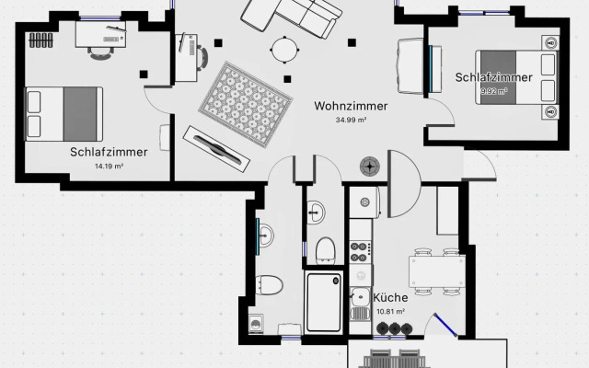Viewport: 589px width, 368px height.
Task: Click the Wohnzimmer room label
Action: pos(351,106)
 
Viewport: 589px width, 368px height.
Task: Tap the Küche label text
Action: pos(390,297)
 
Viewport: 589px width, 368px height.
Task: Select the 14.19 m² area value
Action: pos(109,167)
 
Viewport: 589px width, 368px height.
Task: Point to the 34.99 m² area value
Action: pos(352,120)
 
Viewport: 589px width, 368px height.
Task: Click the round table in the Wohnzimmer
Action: pos(284,48)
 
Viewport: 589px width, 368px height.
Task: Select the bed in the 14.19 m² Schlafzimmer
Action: pos(63,112)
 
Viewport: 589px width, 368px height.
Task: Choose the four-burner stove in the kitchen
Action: pos(359,248)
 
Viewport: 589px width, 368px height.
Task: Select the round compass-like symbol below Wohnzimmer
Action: pos(370,166)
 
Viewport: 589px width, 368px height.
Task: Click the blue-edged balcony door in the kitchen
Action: pos(446,327)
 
